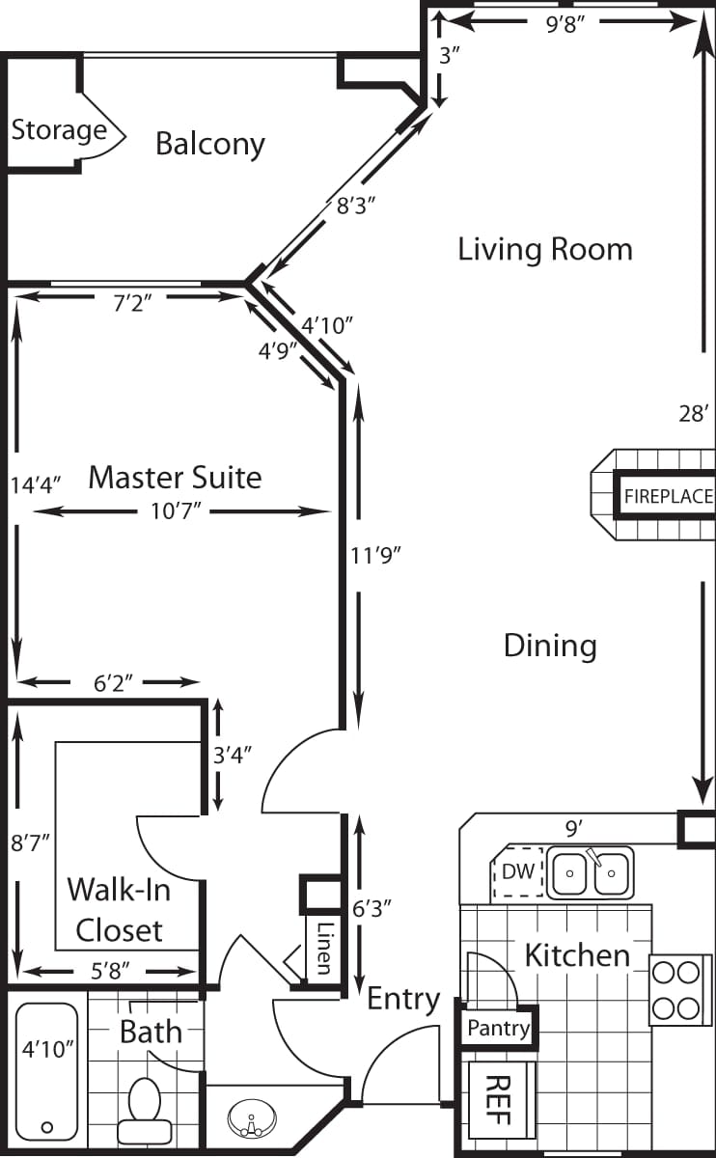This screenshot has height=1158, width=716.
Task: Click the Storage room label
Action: (x=59, y=130)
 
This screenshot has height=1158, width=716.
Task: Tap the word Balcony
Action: (x=210, y=145)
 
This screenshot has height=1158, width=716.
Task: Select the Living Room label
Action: (x=545, y=249)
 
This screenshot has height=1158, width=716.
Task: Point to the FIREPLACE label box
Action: (x=668, y=498)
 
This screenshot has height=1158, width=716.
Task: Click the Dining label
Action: (x=550, y=645)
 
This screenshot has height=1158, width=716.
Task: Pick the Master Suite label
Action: (x=175, y=477)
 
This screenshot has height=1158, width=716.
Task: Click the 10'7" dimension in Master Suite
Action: (x=175, y=511)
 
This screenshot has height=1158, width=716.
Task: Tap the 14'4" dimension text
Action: (x=36, y=484)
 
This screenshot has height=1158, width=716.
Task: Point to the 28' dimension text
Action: (x=695, y=414)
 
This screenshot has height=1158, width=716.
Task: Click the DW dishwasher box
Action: (x=518, y=872)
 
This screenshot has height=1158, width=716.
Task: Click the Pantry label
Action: (x=498, y=1029)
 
